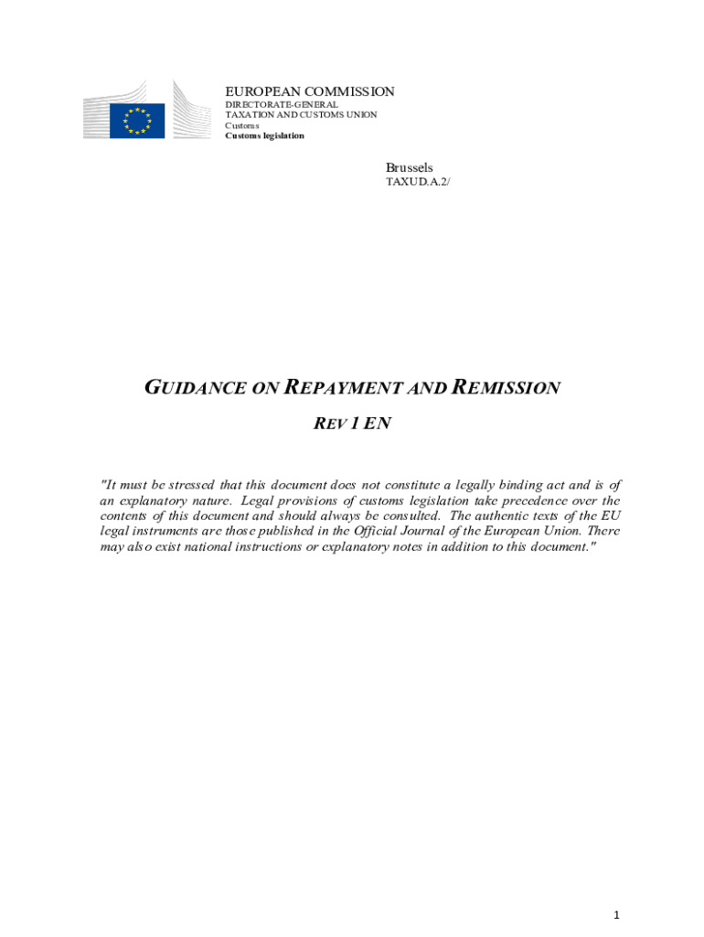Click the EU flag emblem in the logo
tap(137, 121)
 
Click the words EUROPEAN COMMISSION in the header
tap(310, 92)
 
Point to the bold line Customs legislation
tap(265, 135)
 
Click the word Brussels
tap(409, 167)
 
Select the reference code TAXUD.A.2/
tap(418, 182)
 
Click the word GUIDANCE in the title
tap(196, 388)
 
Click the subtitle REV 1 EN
tap(353, 424)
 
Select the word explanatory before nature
tap(158, 501)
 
